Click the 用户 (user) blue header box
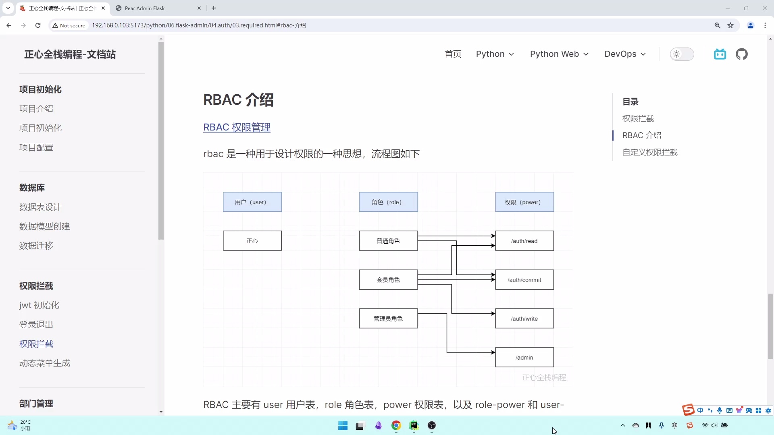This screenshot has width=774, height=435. (252, 202)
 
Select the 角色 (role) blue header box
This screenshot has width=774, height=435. (388, 202)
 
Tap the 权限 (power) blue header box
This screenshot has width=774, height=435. (524, 202)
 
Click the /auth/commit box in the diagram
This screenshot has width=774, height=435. (524, 280)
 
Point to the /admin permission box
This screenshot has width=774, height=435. (524, 357)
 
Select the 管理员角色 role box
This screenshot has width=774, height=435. (388, 318)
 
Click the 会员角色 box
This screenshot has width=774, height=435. (388, 280)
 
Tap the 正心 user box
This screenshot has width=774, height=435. (252, 240)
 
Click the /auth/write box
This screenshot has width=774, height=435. (524, 318)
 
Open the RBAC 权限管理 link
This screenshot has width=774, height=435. (237, 127)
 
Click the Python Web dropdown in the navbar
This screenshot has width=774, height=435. (559, 54)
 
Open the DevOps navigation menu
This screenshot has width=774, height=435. (625, 54)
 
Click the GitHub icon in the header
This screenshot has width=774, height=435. (741, 54)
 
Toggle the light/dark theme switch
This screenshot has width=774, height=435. (682, 54)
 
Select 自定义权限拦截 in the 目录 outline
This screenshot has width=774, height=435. (649, 152)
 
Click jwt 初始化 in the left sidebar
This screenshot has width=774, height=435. (39, 305)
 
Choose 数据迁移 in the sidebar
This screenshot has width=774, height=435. (36, 245)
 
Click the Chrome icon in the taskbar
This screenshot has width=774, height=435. (396, 425)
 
